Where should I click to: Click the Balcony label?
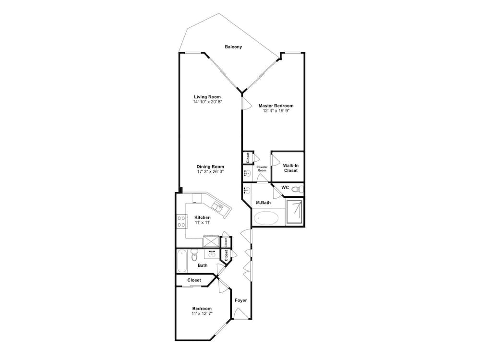tap(233, 47)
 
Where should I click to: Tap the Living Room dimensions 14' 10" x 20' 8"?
tap(207, 102)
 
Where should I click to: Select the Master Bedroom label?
tap(276, 106)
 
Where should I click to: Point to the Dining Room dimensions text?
tap(210, 171)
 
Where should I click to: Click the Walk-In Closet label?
tap(290, 168)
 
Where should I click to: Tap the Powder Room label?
tap(262, 168)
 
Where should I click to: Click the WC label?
tap(285, 188)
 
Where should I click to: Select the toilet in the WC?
tap(298, 190)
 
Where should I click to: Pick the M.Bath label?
tap(263, 203)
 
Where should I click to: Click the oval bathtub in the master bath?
tap(266, 218)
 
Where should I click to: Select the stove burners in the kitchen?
tap(182, 221)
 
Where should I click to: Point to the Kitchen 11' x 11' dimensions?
tap(202, 223)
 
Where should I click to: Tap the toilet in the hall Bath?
tap(194, 254)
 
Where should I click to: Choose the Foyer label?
tap(240, 300)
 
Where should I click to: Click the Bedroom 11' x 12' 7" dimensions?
tap(202, 313)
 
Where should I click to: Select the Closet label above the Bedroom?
tap(194, 280)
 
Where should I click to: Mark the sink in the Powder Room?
tap(247, 173)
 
